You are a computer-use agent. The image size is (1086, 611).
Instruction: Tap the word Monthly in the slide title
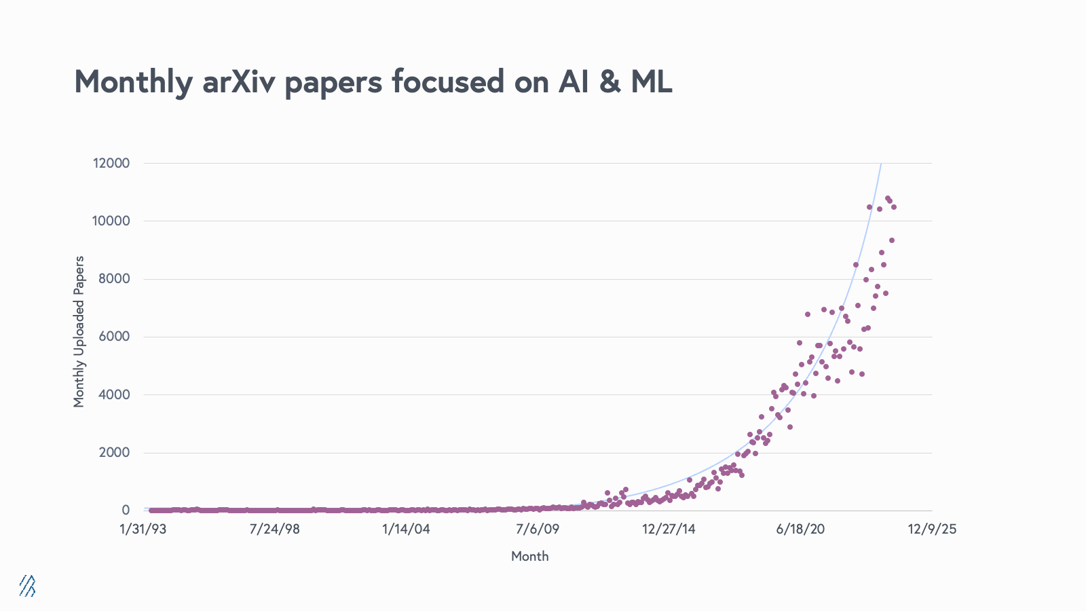click(x=133, y=83)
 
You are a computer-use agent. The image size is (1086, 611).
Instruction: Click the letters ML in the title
click(x=651, y=81)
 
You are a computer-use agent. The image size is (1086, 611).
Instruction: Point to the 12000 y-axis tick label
click(x=111, y=163)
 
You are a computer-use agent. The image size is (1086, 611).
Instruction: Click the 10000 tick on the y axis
click(x=111, y=221)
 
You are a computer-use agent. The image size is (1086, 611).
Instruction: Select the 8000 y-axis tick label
click(x=114, y=279)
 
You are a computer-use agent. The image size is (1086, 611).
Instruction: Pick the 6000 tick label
click(x=114, y=337)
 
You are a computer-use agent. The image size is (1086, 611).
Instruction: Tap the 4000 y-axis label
click(x=114, y=394)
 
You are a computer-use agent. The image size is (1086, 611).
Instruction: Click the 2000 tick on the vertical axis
click(x=114, y=453)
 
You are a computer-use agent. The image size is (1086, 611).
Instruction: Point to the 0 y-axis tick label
click(x=126, y=511)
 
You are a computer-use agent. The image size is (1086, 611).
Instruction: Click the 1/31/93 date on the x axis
click(x=143, y=530)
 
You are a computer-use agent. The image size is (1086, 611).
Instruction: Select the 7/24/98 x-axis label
click(x=274, y=530)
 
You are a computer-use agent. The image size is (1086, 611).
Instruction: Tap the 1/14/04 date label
click(x=406, y=530)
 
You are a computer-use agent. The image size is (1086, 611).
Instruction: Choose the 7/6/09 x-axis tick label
click(x=538, y=530)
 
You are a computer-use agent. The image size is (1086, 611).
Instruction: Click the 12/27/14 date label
click(x=669, y=530)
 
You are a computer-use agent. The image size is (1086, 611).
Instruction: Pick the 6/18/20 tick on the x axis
click(x=800, y=530)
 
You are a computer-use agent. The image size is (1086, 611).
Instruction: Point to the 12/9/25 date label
click(x=932, y=530)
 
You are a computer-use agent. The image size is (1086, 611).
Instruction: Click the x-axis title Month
click(x=529, y=557)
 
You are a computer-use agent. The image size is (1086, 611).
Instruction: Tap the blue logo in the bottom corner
click(x=27, y=585)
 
